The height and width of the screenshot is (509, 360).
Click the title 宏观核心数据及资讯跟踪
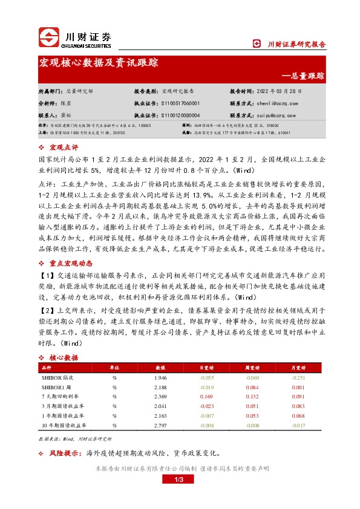pyautogui.click(x=98, y=62)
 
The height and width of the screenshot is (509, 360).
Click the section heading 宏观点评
pyautogui.click(x=64, y=147)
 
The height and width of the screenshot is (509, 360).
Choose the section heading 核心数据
pyautogui.click(x=64, y=358)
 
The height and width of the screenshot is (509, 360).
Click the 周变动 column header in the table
pyautogui.click(x=252, y=368)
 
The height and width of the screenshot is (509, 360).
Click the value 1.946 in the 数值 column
pyautogui.click(x=160, y=377)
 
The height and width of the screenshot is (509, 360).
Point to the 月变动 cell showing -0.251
pyautogui.click(x=297, y=377)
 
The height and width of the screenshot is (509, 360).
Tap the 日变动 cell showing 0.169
pyautogui.click(x=207, y=397)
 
